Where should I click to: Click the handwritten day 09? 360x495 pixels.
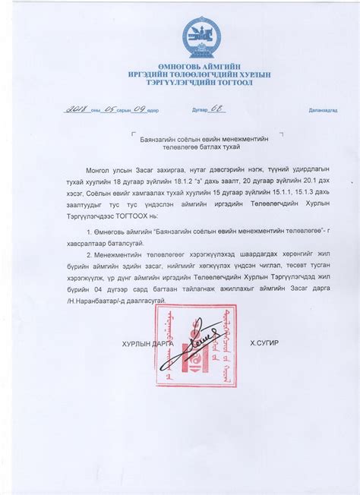tap(138, 109)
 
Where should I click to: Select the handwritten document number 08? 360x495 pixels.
tap(215, 109)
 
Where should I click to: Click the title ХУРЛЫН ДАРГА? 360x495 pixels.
tap(147, 344)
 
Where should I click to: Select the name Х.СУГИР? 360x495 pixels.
tap(264, 343)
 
